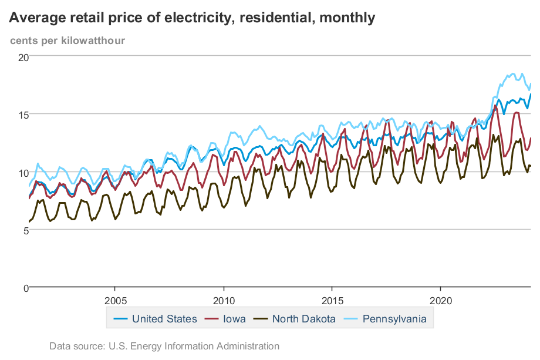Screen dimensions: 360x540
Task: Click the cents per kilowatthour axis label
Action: click(x=67, y=41)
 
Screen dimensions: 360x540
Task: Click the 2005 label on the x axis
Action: click(x=114, y=300)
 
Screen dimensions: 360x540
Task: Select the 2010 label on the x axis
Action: click(x=223, y=300)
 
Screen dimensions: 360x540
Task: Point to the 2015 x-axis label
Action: click(x=332, y=300)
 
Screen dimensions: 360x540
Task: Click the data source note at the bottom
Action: click(x=164, y=346)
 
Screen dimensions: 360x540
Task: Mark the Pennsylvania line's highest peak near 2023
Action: click(x=513, y=73)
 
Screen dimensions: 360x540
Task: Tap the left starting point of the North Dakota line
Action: click(x=29, y=222)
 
